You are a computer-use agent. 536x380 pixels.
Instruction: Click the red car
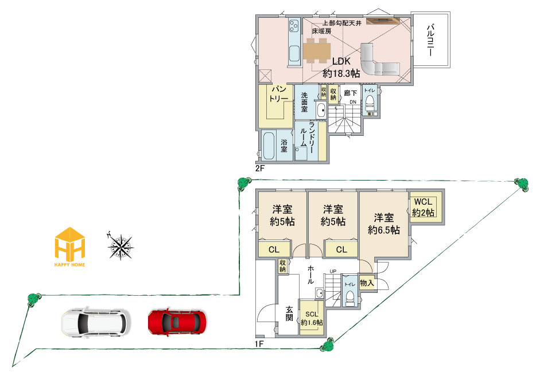[177, 322]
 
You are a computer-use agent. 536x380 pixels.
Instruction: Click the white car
[96, 322]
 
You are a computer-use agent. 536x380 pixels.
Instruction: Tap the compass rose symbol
[121, 246]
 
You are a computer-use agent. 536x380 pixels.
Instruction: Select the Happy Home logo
[70, 246]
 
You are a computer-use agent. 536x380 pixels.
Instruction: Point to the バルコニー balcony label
[430, 40]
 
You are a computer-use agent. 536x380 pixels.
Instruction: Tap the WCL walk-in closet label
[423, 207]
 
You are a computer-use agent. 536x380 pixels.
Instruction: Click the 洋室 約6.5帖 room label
[383, 224]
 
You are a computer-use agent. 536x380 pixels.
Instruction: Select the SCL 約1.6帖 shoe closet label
[312, 318]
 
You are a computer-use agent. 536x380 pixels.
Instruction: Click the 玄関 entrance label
[289, 314]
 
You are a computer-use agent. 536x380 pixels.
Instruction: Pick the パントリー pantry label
[278, 95]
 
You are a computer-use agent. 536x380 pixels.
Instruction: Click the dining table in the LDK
[317, 51]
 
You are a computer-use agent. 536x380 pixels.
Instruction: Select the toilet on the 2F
[369, 103]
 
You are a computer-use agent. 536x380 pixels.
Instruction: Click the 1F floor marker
[259, 344]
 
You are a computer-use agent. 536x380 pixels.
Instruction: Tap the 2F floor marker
[260, 168]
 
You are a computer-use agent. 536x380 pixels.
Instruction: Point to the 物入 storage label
[367, 283]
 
